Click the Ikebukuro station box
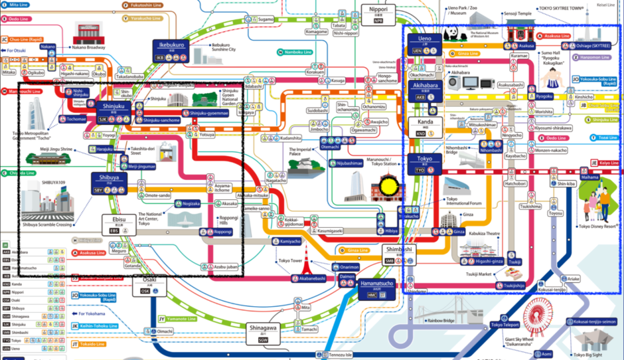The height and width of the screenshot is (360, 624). pos(171,48)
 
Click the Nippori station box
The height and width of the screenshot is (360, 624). pos(378,13)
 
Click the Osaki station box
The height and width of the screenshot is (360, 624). pos(145,286)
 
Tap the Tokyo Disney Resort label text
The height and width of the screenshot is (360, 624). pos(595,225)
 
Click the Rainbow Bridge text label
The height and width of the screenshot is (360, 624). pos(440,321)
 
